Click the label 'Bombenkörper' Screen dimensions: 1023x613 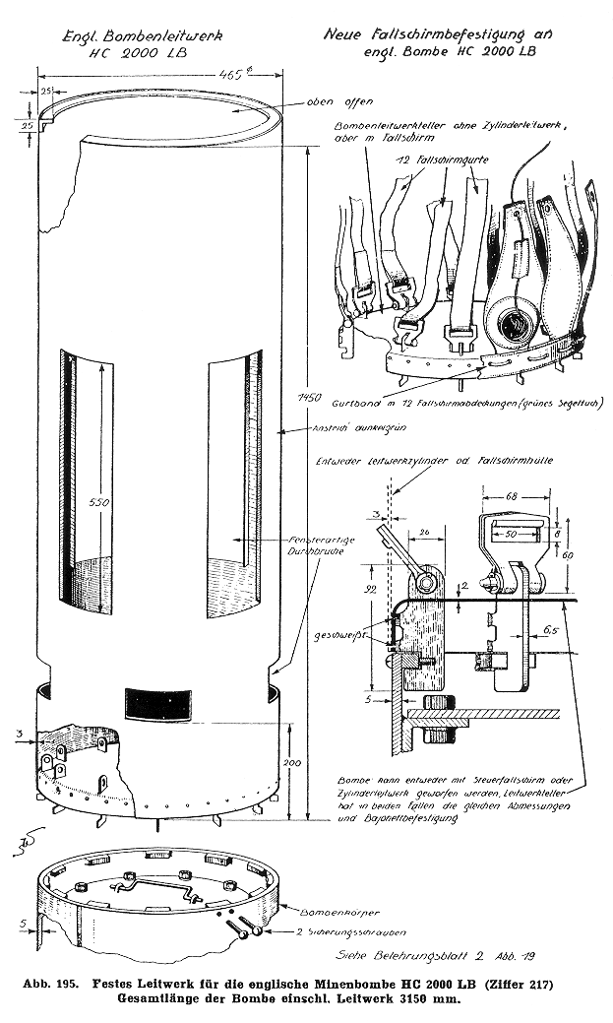(320, 913)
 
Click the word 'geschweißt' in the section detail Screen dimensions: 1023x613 (357, 637)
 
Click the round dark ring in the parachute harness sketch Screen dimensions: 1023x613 (514, 323)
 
